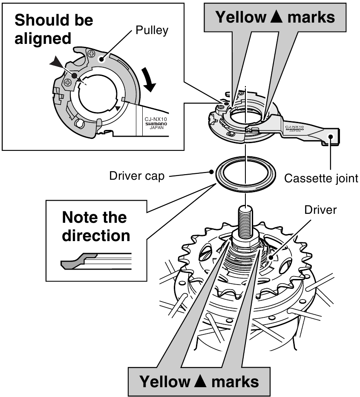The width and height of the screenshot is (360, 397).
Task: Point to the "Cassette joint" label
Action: pos(321,178)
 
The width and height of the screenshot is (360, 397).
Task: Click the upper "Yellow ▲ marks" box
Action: pos(275,17)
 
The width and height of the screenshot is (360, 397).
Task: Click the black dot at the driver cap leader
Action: pos(212,172)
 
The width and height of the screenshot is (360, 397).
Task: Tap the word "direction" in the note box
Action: pos(96,235)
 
